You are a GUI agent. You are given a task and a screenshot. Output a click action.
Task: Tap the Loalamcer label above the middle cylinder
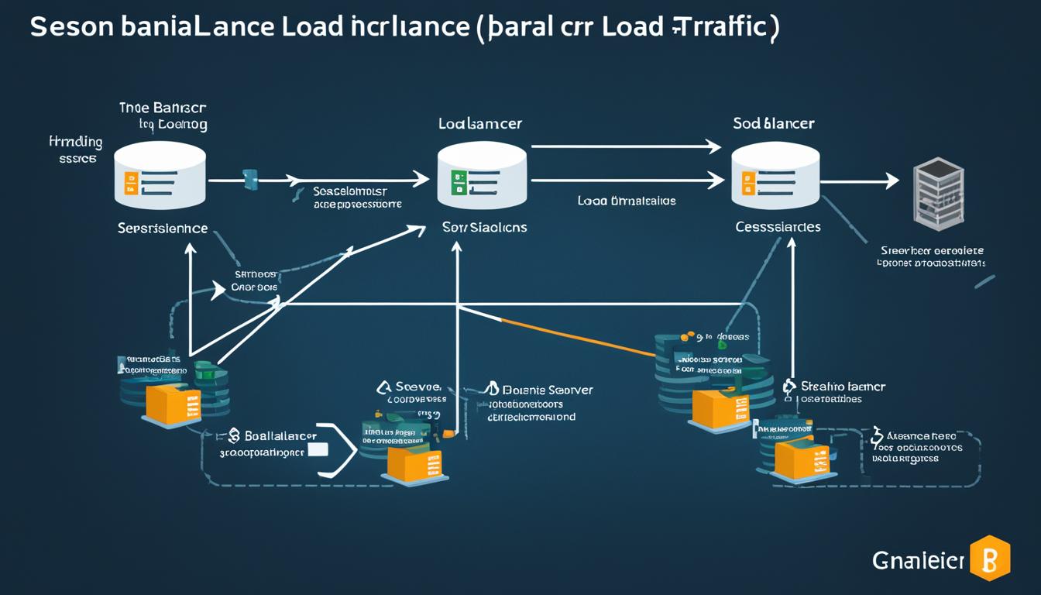(x=479, y=123)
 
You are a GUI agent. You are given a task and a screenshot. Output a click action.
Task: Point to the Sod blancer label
(x=773, y=123)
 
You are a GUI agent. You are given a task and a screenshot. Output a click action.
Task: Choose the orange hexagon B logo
(x=990, y=558)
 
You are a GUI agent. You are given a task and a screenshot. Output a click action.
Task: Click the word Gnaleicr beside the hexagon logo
(x=919, y=559)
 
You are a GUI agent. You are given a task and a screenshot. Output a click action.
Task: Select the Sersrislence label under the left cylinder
(x=163, y=229)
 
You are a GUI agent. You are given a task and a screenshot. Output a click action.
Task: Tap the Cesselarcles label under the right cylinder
(x=778, y=227)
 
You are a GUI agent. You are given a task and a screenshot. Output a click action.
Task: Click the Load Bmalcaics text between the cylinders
(x=626, y=201)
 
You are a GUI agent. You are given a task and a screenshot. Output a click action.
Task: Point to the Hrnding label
(x=75, y=142)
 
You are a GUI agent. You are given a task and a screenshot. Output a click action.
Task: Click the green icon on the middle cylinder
(x=458, y=183)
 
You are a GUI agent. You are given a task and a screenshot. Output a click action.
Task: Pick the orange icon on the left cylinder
(x=131, y=183)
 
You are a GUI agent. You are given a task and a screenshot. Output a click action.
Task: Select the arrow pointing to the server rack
(x=859, y=181)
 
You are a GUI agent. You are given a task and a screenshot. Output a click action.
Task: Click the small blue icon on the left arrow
(x=250, y=180)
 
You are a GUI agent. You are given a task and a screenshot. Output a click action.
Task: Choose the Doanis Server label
(x=547, y=390)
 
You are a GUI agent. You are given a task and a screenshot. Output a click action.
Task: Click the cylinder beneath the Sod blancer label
(x=775, y=175)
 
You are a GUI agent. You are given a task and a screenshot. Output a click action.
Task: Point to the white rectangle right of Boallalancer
(x=318, y=449)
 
